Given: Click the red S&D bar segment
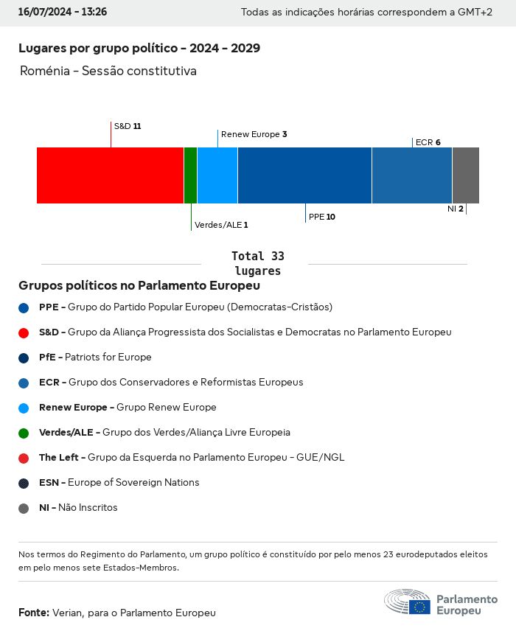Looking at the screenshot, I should [110, 175].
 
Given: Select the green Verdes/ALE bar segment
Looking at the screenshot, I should [190, 175].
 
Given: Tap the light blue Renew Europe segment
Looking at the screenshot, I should [217, 175].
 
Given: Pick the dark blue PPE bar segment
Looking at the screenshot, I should [304, 175].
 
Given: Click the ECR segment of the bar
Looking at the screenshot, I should [411, 175].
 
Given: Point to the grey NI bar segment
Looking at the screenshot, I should [465, 175].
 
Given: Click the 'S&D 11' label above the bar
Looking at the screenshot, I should [127, 126].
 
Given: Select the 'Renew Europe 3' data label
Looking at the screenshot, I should [254, 134].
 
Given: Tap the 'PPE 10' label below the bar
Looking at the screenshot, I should [321, 217].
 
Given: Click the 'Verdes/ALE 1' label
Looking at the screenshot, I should [221, 225].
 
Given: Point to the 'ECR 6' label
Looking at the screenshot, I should [428, 142].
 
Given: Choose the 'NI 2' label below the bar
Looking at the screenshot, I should [455, 209].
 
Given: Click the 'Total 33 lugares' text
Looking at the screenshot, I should [257, 263].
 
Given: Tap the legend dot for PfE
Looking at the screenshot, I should [24, 358].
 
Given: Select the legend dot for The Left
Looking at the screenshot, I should [24, 458].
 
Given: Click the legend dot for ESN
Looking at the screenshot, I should [24, 483].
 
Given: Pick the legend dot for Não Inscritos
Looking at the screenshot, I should [24, 508].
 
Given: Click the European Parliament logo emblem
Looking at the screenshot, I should [407, 602].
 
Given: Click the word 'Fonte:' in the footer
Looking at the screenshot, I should [34, 613].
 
